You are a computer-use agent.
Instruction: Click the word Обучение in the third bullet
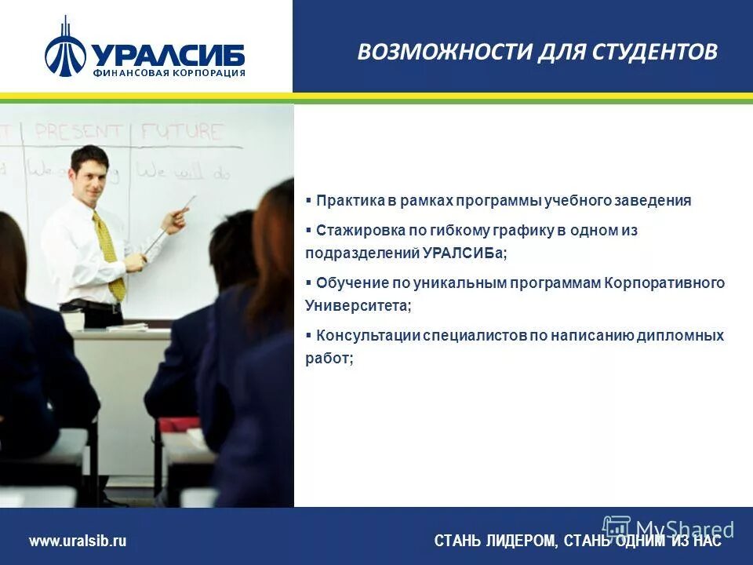tap(349, 282)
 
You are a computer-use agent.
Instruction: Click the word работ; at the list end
tap(329, 358)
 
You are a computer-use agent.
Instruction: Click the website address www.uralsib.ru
tap(78, 541)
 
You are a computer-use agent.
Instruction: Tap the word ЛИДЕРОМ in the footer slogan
tap(518, 541)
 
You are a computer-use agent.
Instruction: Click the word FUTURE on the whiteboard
tap(182, 130)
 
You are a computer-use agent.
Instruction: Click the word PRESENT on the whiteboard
tap(78, 131)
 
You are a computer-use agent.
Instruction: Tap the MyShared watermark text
tap(684, 529)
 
